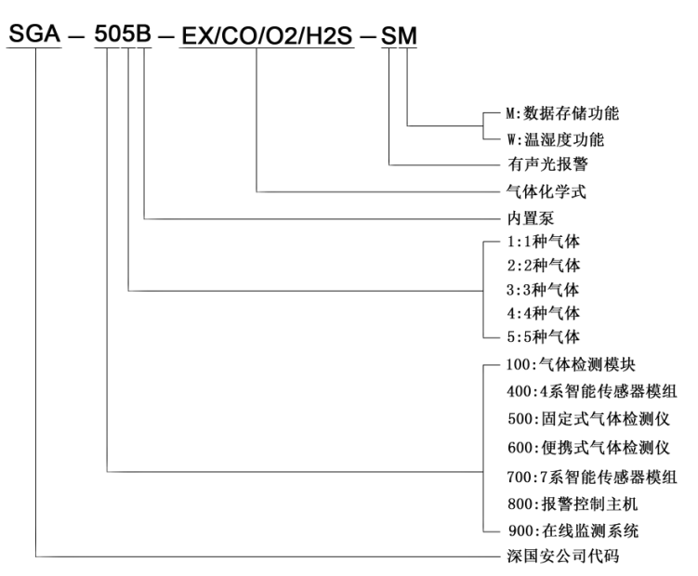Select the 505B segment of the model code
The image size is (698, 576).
[x=123, y=36]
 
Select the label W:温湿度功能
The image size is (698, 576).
[x=554, y=141]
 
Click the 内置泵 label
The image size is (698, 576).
[x=524, y=220]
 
